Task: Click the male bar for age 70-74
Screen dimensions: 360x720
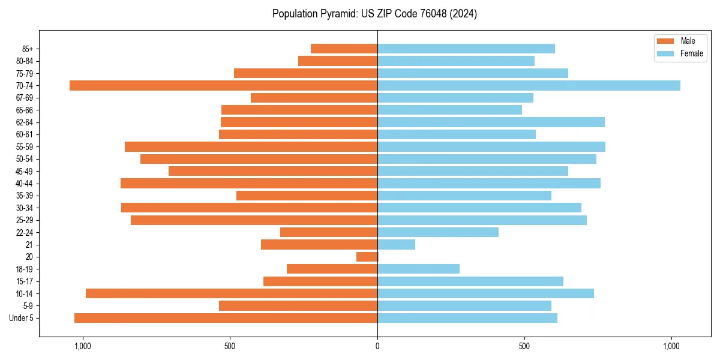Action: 223,85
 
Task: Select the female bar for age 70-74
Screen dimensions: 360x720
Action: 529,85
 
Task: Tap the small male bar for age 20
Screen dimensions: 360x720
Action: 367,257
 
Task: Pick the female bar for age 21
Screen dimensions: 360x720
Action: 396,244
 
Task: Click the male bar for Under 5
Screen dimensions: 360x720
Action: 226,318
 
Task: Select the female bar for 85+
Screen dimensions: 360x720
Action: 466,49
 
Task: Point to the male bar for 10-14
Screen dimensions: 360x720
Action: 231,293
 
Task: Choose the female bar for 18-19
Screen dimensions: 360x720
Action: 418,269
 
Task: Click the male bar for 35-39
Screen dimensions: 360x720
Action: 307,196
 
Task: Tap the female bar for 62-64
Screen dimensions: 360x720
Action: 491,122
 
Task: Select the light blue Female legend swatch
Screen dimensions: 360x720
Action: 666,53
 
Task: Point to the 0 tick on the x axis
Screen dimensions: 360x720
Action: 377,346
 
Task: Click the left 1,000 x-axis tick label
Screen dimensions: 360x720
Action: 82,346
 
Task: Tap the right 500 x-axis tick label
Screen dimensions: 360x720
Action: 524,346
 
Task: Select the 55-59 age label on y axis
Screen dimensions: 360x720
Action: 25,146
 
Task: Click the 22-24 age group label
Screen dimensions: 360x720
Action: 25,232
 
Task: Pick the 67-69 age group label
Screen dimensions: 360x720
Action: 25,98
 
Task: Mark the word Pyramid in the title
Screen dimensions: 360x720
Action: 338,14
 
